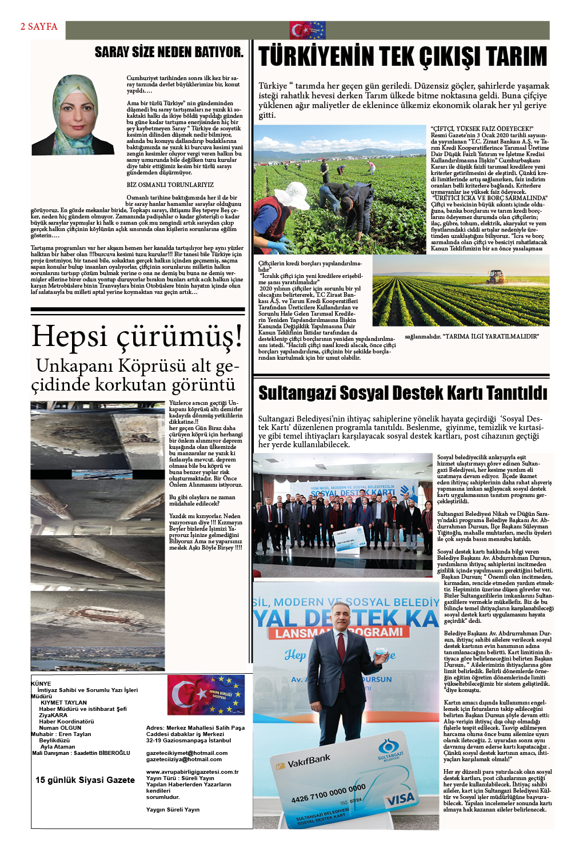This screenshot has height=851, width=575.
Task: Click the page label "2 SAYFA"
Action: coord(39,26)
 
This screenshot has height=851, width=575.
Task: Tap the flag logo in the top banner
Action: coord(308,30)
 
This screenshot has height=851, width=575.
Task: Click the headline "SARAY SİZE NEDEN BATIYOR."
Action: coord(169,52)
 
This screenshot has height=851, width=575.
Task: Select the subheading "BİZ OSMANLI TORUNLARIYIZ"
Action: coord(170,185)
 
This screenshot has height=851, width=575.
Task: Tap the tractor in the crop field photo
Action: coord(496,277)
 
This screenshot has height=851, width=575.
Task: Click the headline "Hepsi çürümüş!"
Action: coord(137,336)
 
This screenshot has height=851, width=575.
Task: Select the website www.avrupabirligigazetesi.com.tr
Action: coord(192,772)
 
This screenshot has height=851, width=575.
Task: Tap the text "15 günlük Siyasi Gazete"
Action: coord(85,780)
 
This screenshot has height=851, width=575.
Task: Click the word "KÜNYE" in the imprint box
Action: coord(41,683)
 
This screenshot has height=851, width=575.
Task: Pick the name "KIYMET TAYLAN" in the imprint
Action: coord(63,702)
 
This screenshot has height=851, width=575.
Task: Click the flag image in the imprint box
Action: coord(206,695)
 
